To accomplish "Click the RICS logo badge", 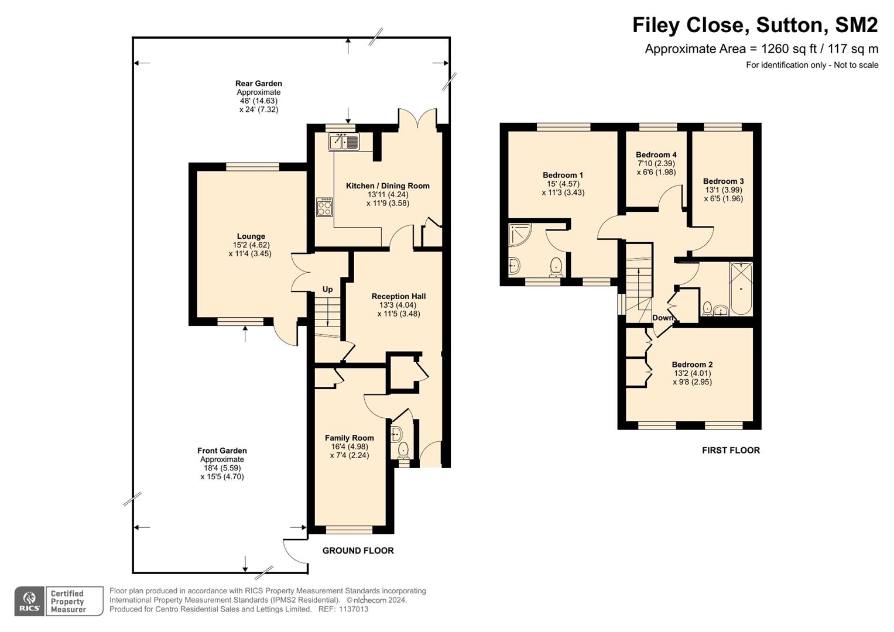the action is pos(29,601).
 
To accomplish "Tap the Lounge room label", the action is pos(251,236).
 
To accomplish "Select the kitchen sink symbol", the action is pos(344,142).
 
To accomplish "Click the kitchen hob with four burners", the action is pos(324,207).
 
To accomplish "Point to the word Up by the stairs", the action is pos(327,289).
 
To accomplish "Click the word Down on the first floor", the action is pos(663,318).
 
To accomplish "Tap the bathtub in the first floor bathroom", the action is pos(741,288).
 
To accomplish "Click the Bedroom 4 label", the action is pos(656,155).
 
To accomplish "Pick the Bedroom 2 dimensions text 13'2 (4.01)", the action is pos(692,373).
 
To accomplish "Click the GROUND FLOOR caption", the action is pos(358,551).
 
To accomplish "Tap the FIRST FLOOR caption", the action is pos(731,450).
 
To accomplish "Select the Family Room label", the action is pos(349,438).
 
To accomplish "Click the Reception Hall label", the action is pos(398,296).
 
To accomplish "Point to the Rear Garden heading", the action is pos(259,83).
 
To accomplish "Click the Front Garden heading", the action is pos(222,451).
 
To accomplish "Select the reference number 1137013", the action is pos(353,609).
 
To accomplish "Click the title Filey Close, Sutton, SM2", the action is pos(755,26).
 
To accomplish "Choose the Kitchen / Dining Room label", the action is pos(388,186).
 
